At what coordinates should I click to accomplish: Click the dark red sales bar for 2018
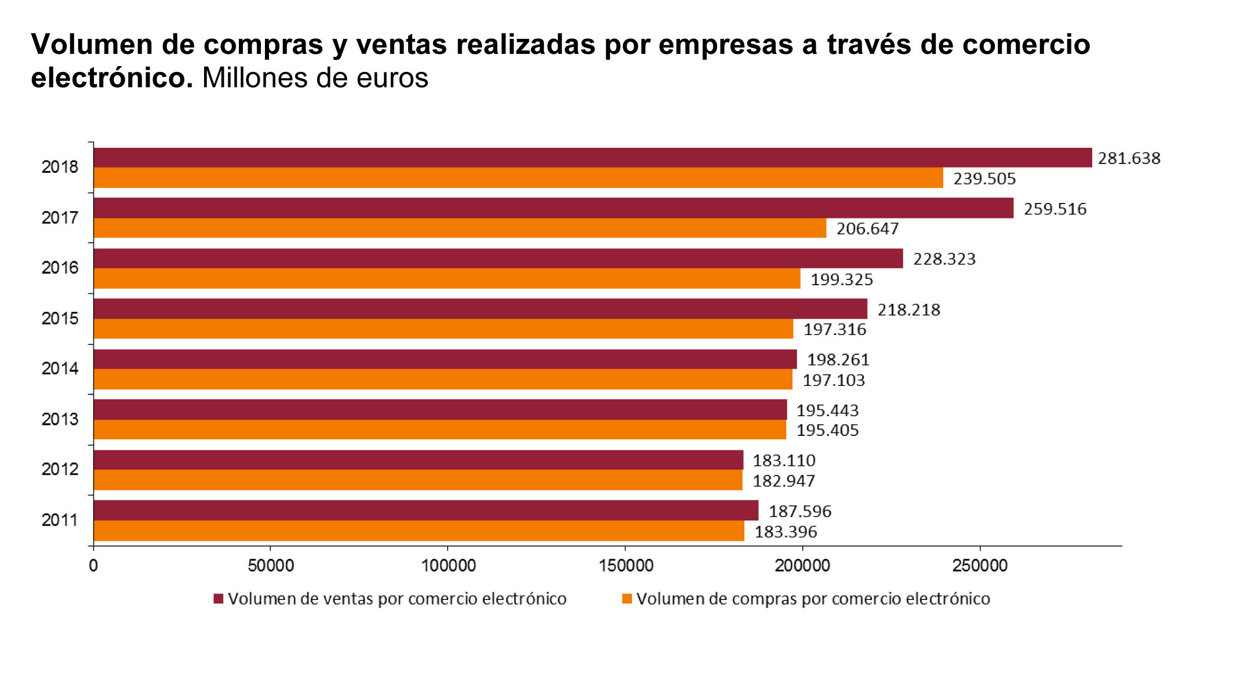tap(591, 158)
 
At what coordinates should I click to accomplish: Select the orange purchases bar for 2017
tap(460, 228)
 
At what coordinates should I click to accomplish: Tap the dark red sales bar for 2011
tap(426, 511)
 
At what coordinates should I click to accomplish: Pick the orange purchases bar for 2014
tap(443, 380)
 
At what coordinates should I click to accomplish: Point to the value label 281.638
tap(1129, 158)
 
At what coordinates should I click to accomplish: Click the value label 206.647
tap(867, 229)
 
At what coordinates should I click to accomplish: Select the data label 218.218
tap(908, 310)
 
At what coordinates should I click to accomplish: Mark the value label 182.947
tap(784, 481)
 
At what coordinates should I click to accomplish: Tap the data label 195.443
tap(827, 410)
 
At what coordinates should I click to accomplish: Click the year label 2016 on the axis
tap(60, 268)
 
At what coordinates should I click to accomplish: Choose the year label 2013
tap(60, 419)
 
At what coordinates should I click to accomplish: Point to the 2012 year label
tap(60, 469)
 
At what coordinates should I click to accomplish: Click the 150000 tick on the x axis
tap(626, 566)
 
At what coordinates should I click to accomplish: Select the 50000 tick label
tap(271, 566)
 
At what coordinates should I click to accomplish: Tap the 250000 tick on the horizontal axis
tap(980, 566)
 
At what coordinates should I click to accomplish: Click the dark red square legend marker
tap(219, 599)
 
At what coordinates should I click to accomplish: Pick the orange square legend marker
tap(627, 599)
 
